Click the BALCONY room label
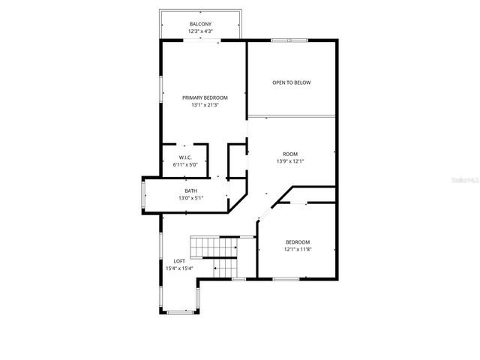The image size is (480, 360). coord(201,24)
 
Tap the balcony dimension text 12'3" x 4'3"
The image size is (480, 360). coord(201,31)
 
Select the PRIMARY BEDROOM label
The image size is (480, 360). coord(205,97)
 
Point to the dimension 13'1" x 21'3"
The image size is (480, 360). coord(205,105)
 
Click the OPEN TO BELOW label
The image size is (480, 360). coord(291,82)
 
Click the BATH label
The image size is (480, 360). coord(191,190)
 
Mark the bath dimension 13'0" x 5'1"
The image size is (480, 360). coord(191,198)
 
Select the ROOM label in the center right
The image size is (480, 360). coord(290,152)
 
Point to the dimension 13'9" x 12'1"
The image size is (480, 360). coord(290,160)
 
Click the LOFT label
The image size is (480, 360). coord(179,261)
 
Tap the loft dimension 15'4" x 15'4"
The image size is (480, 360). coord(179,268)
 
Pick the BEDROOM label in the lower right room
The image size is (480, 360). coord(298,241)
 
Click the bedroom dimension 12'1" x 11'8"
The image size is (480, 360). coord(298,249)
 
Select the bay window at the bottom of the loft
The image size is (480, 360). coord(180,310)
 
